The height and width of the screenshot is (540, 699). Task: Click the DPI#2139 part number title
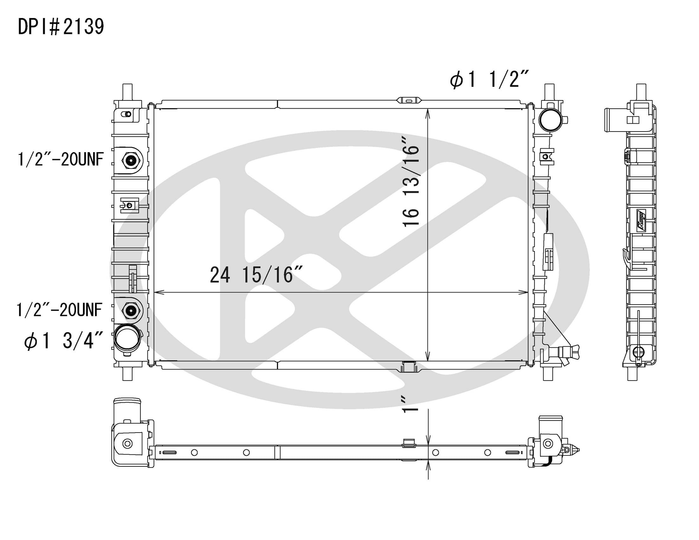pyautogui.click(x=61, y=27)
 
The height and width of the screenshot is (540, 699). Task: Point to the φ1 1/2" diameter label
pyautogui.click(x=489, y=80)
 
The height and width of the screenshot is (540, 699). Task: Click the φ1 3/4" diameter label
pyautogui.click(x=63, y=340)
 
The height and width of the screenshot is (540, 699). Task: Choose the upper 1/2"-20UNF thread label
pyautogui.click(x=61, y=159)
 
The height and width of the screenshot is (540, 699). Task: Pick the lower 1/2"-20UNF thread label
pyautogui.click(x=59, y=310)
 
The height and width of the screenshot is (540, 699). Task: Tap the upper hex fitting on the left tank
pyautogui.click(x=131, y=160)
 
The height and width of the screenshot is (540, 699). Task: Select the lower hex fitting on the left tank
pyautogui.click(x=131, y=310)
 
